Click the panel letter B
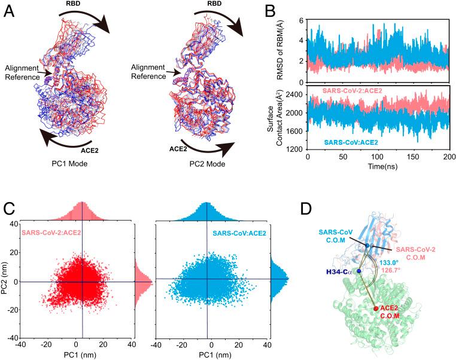point(269,11)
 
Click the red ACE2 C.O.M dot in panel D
point(376,309)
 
